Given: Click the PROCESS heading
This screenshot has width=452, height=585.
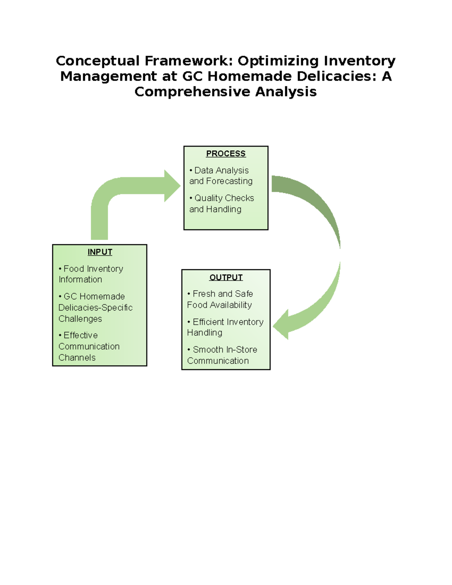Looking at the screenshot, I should [x=226, y=154].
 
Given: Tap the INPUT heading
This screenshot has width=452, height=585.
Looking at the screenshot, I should [x=100, y=252].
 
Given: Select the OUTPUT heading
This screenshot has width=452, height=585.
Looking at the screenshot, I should [x=226, y=277].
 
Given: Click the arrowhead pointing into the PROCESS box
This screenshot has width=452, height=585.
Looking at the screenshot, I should [x=173, y=186].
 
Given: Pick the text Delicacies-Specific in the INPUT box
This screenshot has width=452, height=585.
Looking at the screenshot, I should [x=95, y=308].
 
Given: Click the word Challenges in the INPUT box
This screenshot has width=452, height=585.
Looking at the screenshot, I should [x=80, y=319].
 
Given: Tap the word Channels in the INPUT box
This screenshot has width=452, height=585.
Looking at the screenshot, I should [x=77, y=358].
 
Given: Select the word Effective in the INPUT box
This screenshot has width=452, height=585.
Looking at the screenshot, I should [x=81, y=335].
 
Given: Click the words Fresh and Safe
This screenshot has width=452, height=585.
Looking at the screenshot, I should [x=223, y=294].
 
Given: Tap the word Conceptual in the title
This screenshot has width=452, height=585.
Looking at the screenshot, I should [x=98, y=61].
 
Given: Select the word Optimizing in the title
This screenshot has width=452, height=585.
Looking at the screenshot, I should [x=278, y=61].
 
